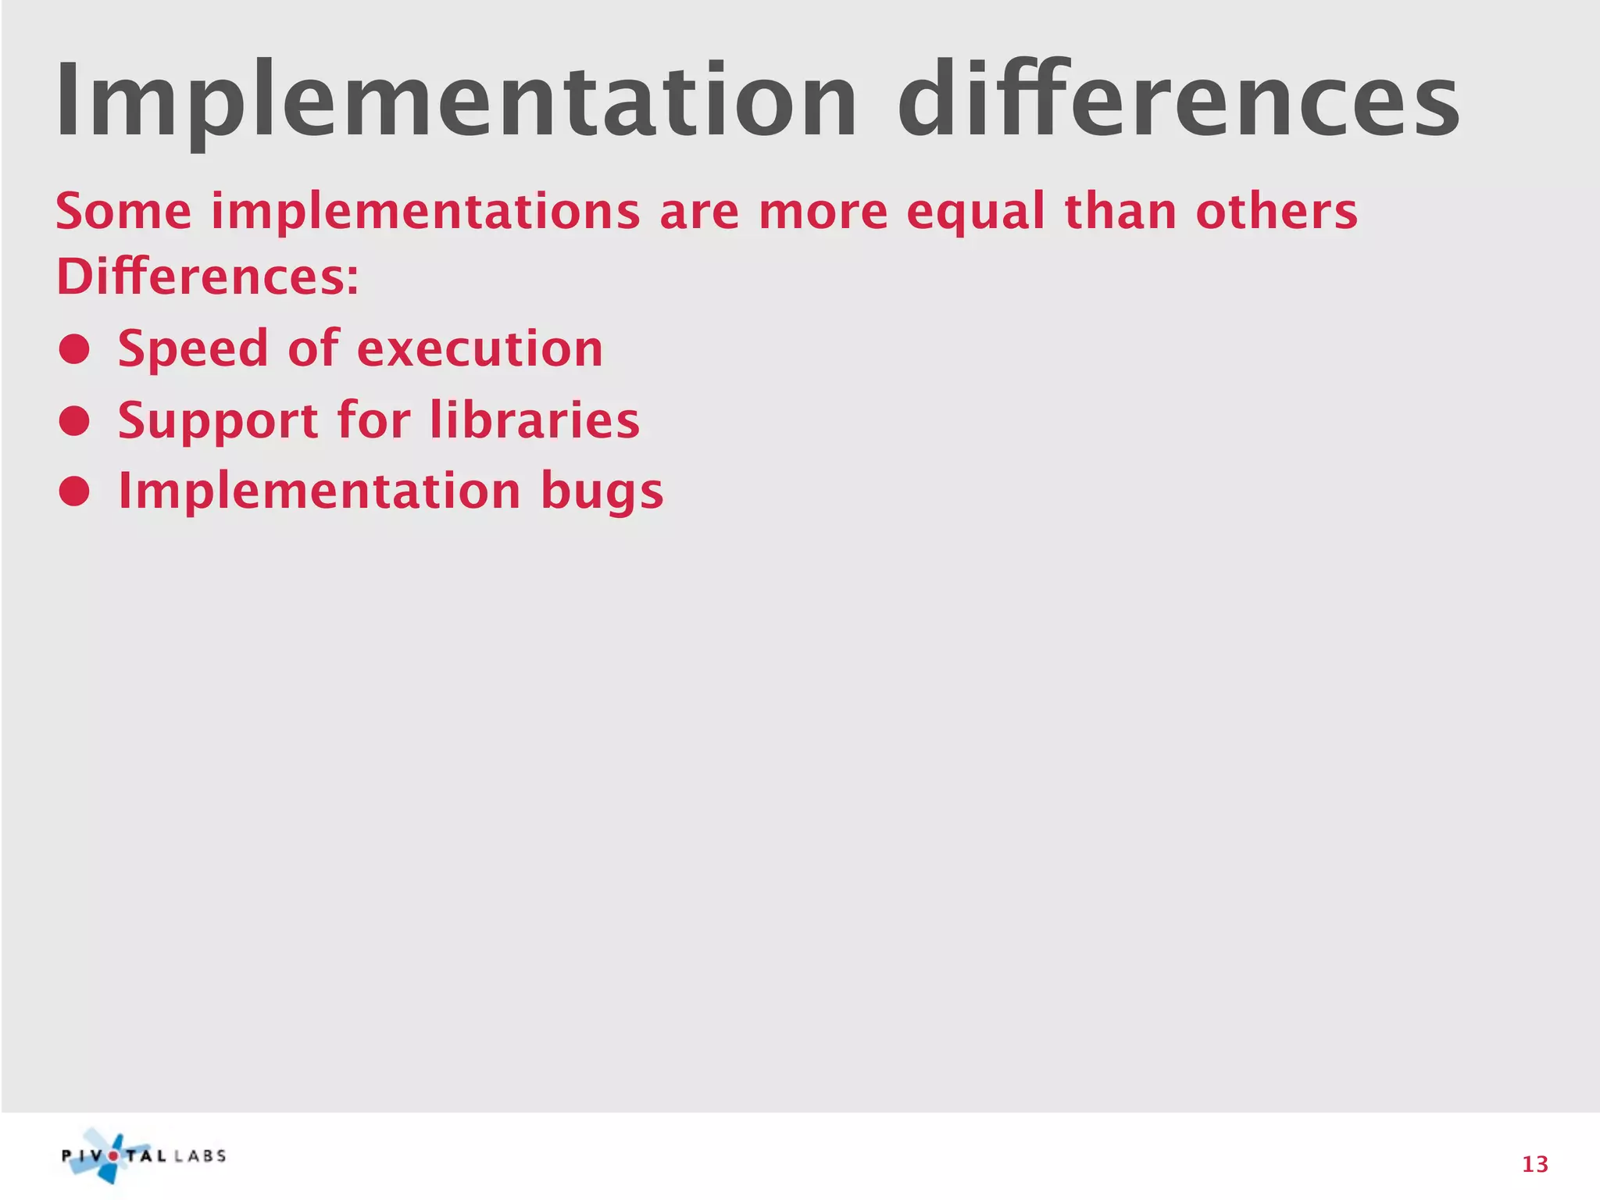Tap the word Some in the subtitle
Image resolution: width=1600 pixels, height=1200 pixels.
click(123, 212)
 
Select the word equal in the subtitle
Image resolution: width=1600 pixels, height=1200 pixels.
click(976, 213)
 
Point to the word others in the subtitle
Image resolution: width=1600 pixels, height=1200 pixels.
click(1277, 212)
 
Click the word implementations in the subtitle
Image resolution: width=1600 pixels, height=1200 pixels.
click(426, 213)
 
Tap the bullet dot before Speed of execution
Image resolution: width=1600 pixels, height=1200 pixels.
click(74, 349)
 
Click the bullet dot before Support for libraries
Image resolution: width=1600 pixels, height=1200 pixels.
click(74, 421)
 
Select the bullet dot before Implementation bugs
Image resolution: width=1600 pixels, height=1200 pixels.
click(74, 492)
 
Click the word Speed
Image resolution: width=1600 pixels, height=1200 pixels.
click(193, 349)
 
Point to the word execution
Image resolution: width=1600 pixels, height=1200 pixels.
click(480, 349)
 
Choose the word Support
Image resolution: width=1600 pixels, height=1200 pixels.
click(218, 421)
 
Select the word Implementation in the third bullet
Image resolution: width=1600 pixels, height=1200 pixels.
click(319, 492)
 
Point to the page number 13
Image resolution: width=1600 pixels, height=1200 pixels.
click(1534, 1165)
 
